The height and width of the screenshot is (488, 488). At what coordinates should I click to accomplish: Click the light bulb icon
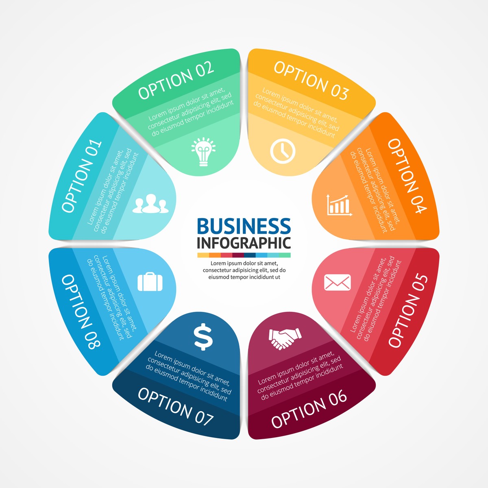(x=203, y=152)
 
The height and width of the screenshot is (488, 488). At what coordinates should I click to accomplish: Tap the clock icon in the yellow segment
(x=283, y=151)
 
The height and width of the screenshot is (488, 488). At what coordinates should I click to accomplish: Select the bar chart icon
(x=339, y=205)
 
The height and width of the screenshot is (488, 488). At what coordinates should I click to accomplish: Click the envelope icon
(x=338, y=282)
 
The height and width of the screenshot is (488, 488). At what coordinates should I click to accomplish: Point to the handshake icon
(x=285, y=339)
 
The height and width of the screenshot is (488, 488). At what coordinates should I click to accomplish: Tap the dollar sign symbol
(x=203, y=337)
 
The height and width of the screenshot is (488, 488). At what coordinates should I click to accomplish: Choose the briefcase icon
(x=150, y=281)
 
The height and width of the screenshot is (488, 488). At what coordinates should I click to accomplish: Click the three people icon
(x=150, y=203)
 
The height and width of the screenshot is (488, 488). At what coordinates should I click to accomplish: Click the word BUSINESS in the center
(x=244, y=226)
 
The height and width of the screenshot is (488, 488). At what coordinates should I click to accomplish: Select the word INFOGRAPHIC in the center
(x=244, y=243)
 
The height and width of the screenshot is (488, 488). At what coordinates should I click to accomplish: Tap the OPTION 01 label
(x=82, y=176)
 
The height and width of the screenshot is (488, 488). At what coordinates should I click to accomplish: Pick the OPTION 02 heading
(x=176, y=80)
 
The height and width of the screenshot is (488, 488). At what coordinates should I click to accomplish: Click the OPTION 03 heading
(x=312, y=80)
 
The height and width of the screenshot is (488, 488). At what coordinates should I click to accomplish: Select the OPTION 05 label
(x=408, y=311)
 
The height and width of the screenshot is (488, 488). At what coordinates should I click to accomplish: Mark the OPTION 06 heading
(x=309, y=409)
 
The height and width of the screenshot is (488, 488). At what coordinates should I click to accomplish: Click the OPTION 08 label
(x=81, y=312)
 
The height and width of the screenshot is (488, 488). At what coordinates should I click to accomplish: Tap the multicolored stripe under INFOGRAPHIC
(x=244, y=255)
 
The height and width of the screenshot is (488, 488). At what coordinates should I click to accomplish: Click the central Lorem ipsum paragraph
(x=244, y=270)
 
